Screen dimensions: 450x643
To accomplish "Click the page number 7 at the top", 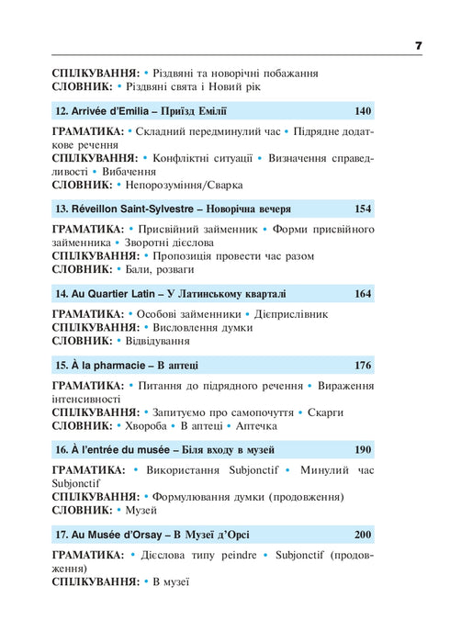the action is click(418, 45).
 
